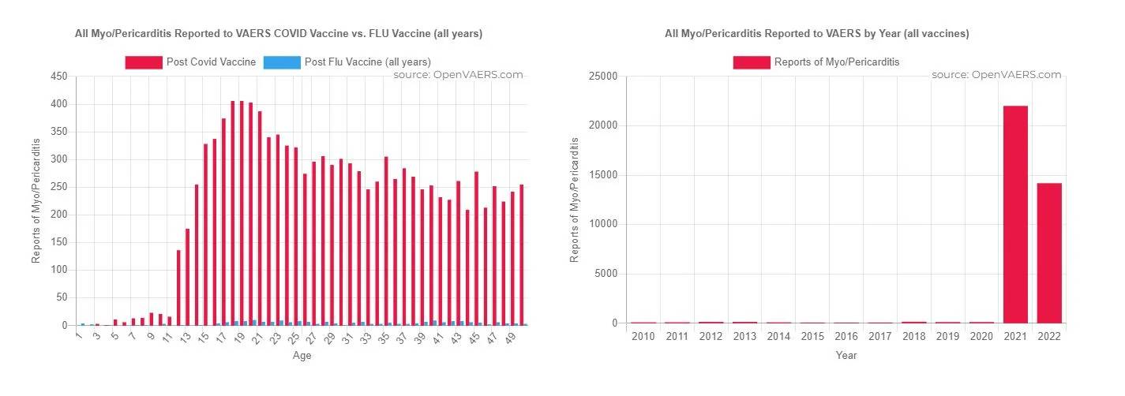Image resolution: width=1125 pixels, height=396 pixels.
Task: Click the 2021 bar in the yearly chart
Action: click(x=1015, y=214)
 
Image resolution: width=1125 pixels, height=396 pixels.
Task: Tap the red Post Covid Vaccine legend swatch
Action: click(x=143, y=62)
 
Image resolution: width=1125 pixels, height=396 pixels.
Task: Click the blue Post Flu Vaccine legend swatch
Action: click(x=282, y=62)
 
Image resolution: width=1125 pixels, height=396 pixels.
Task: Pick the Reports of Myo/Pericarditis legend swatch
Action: click(x=751, y=62)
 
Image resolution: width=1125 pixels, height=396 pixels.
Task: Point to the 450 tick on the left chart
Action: click(x=58, y=77)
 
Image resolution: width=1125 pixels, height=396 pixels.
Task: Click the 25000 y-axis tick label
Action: click(x=603, y=77)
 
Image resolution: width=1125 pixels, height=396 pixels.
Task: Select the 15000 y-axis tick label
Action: click(x=603, y=175)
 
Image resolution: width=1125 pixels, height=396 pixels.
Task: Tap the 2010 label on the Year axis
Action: click(x=643, y=337)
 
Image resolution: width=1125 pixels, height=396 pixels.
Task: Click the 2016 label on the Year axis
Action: click(x=846, y=337)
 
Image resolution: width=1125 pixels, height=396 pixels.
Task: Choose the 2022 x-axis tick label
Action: click(x=1049, y=337)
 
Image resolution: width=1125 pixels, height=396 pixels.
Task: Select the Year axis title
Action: click(x=846, y=355)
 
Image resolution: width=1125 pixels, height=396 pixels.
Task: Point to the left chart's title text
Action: click(x=278, y=34)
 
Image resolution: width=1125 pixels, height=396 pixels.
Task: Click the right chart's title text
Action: click(x=816, y=34)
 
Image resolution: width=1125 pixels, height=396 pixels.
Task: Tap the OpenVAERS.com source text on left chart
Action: click(x=458, y=75)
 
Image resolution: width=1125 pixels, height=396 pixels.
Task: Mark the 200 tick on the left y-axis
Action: click(x=58, y=215)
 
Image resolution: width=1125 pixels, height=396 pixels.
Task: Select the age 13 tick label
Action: click(x=185, y=337)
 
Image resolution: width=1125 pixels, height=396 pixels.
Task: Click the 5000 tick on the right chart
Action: click(x=606, y=274)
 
